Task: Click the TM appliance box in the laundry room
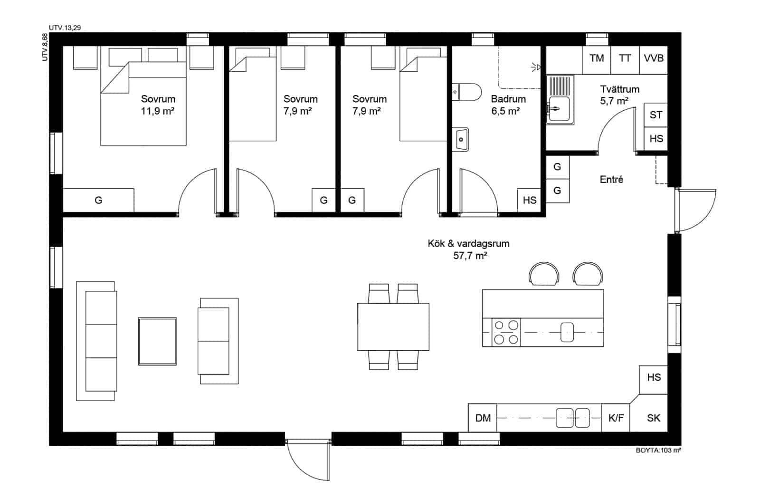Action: [597, 60]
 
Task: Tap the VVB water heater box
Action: [654, 60]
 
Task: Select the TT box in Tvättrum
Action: [625, 60]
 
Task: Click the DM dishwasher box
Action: [483, 418]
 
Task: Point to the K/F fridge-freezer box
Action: [616, 418]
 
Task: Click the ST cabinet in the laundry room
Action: [656, 115]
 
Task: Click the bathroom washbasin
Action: [460, 139]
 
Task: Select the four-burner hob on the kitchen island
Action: [506, 332]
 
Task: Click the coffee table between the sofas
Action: [157, 341]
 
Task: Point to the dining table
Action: [393, 326]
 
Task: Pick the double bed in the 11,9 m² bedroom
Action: [143, 104]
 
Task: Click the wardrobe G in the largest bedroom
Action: [98, 200]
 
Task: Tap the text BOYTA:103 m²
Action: [658, 451]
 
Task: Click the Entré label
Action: [611, 179]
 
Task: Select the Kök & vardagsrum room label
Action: [468, 243]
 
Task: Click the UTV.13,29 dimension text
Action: [65, 28]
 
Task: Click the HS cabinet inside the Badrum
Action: [529, 200]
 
